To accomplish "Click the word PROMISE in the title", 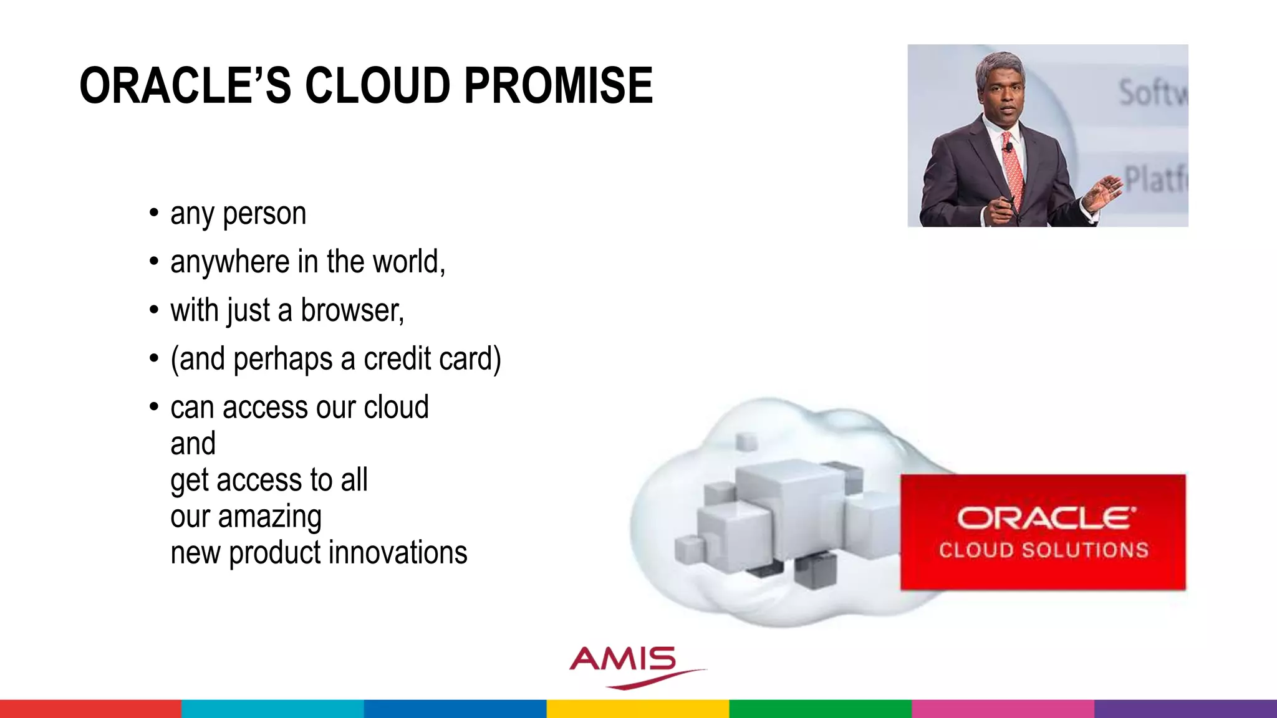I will click(559, 86).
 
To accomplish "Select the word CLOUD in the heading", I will click(377, 86).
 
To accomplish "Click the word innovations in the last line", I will click(398, 553).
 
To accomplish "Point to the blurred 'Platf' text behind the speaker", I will click(1155, 179).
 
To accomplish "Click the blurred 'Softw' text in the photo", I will click(1152, 92).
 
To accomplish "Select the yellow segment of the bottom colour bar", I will click(637, 709).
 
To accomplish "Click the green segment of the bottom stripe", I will click(820, 709).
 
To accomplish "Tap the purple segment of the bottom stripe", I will click(1185, 709).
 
